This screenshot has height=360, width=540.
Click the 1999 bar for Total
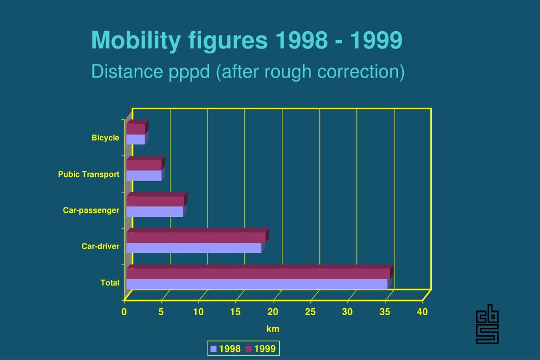tap(258, 273)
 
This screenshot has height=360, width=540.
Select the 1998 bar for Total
tap(257, 284)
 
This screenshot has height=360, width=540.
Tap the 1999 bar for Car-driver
tap(196, 238)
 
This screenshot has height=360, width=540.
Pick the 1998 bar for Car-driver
tap(194, 248)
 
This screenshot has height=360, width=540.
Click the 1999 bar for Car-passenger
tap(155, 201)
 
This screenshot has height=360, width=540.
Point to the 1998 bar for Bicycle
tap(136, 139)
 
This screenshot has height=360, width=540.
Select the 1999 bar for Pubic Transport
tap(144, 165)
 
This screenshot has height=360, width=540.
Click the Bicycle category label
tap(105, 138)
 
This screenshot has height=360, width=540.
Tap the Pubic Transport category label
tap(89, 174)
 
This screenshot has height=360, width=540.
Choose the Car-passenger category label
tap(91, 211)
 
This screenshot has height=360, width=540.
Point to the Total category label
tap(110, 283)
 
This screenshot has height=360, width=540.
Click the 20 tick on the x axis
tap(273, 312)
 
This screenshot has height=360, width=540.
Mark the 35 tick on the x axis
tap(385, 312)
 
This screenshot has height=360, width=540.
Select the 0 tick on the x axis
tap(124, 312)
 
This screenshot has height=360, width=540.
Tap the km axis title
tap(272, 329)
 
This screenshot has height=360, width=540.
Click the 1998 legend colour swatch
tap(214, 349)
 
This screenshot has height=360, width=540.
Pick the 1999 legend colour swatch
tap(249, 349)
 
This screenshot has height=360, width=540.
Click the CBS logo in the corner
tap(487, 324)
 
